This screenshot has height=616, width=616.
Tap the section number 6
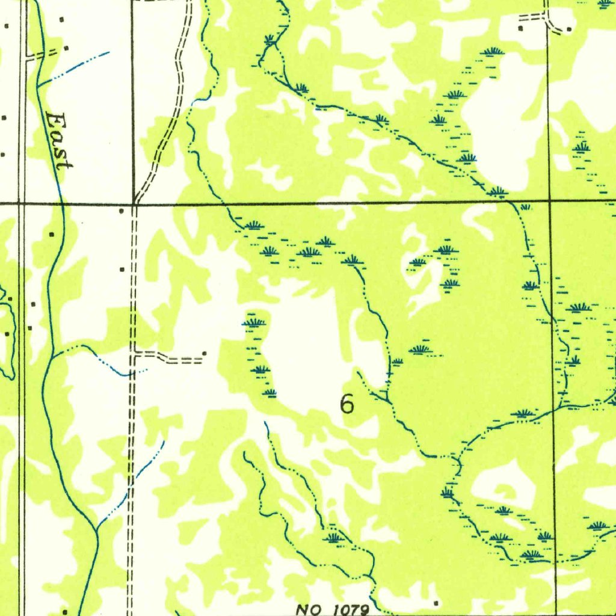click(346, 404)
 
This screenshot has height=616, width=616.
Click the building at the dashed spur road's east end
click(205, 353)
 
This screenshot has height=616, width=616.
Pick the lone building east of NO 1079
click(436, 602)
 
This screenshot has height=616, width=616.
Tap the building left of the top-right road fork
click(520, 28)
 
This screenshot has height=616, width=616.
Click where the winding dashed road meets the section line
click(137, 203)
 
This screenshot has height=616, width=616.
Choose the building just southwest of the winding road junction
click(122, 211)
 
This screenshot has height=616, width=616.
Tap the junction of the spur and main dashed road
click(134, 354)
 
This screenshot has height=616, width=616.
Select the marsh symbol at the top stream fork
click(270, 40)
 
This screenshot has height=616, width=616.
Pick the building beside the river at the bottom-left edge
click(64, 612)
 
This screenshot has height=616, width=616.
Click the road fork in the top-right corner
click(547, 15)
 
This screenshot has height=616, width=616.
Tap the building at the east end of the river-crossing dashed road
click(66, 48)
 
